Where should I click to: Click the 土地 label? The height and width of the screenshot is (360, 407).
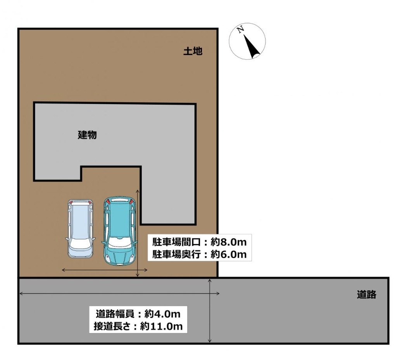point(193,51)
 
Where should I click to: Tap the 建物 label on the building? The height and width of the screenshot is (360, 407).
point(87,135)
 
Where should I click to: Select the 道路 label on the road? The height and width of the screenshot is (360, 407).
point(366,295)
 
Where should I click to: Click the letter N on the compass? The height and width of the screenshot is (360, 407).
point(241,29)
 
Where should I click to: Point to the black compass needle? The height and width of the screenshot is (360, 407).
point(251,46)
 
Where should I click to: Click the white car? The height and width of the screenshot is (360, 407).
point(80,228)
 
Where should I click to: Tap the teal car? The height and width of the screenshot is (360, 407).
point(119,231)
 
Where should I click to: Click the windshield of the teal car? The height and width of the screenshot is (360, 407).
point(119,242)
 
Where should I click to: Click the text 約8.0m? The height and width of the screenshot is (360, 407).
point(228,242)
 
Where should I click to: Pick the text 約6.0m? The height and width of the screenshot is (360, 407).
point(228,254)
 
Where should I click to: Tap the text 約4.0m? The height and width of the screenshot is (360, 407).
point(162,314)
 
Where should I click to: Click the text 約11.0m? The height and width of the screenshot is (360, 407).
point(162,326)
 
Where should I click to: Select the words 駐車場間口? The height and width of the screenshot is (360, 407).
point(176,242)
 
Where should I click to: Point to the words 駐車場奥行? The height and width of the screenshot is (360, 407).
point(176,254)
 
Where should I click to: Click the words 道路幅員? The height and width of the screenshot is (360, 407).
point(115,314)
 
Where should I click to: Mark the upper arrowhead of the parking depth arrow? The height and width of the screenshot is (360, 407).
point(138,191)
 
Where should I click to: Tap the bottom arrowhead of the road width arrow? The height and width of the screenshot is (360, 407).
point(210,340)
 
